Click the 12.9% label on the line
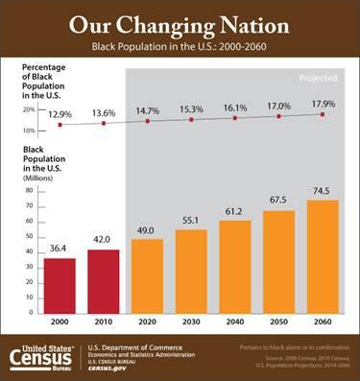point(60,113)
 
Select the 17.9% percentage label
point(323,104)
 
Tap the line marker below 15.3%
point(191,119)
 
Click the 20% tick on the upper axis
point(28,110)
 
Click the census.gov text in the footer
point(108,368)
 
